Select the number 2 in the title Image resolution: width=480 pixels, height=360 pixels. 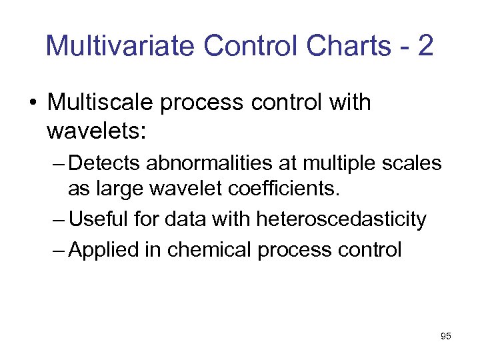424,46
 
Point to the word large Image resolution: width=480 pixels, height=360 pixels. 117,189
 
